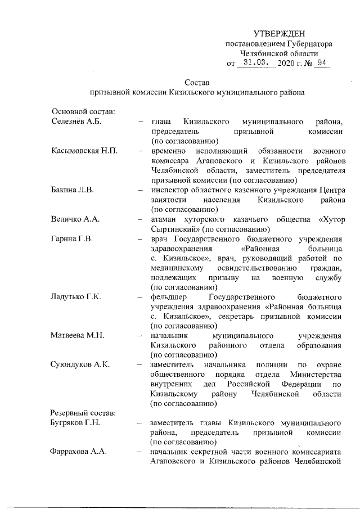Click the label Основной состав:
coord(83,112)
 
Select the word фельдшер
coord(170,297)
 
